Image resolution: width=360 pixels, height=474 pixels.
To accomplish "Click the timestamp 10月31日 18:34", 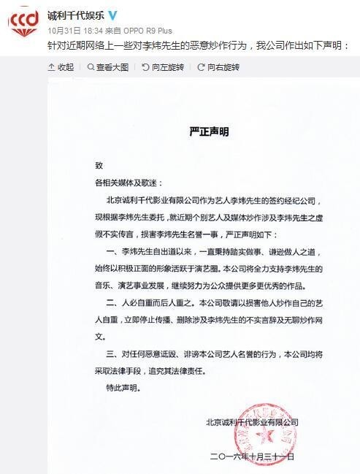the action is (x=75, y=31).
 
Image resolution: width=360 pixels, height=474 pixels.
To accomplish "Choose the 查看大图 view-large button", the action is (x=108, y=66).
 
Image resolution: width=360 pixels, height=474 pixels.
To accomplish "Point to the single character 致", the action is (x=89, y=167).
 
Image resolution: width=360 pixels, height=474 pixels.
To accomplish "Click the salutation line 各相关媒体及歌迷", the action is (x=123, y=183).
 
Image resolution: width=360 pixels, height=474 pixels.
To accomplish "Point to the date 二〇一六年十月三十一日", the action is (x=251, y=456).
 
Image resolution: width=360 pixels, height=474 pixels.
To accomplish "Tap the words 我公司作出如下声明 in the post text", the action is (x=299, y=45).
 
